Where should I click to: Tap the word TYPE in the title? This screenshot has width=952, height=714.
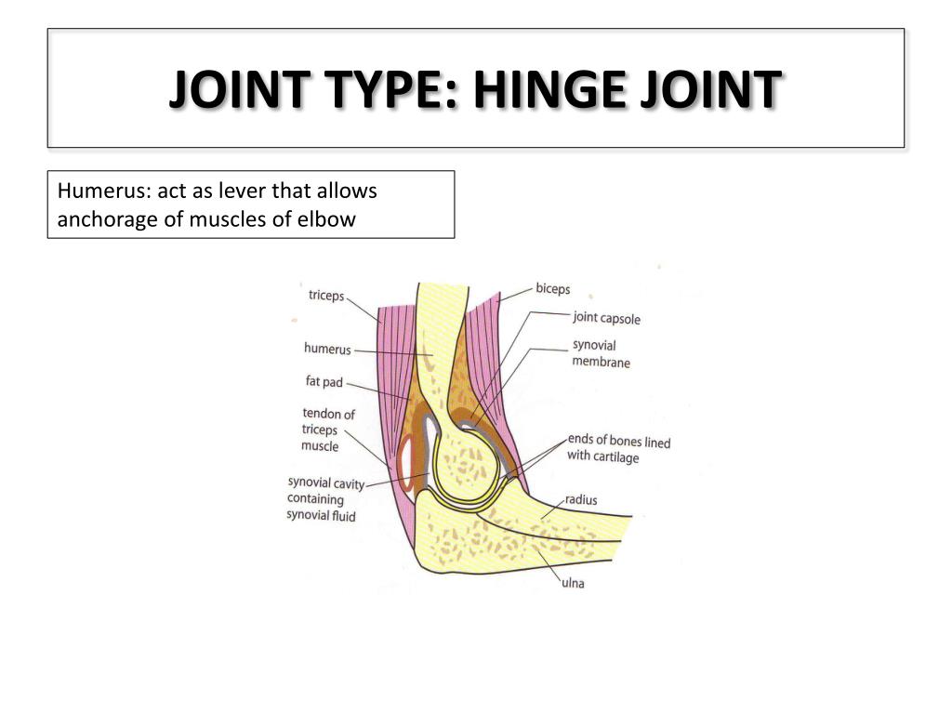(x=378, y=90)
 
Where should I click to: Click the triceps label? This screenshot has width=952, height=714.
(x=325, y=296)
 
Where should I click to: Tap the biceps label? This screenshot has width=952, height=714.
(x=552, y=289)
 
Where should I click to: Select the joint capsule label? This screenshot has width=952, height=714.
(x=606, y=318)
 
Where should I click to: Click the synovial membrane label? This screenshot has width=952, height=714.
(x=600, y=353)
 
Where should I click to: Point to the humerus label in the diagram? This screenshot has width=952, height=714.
(x=327, y=350)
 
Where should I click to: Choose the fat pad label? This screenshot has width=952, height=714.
(x=324, y=381)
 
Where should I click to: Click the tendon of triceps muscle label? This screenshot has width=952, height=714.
(x=327, y=430)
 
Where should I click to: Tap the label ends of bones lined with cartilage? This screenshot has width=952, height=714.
(x=618, y=448)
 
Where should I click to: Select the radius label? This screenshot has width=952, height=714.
(x=581, y=500)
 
